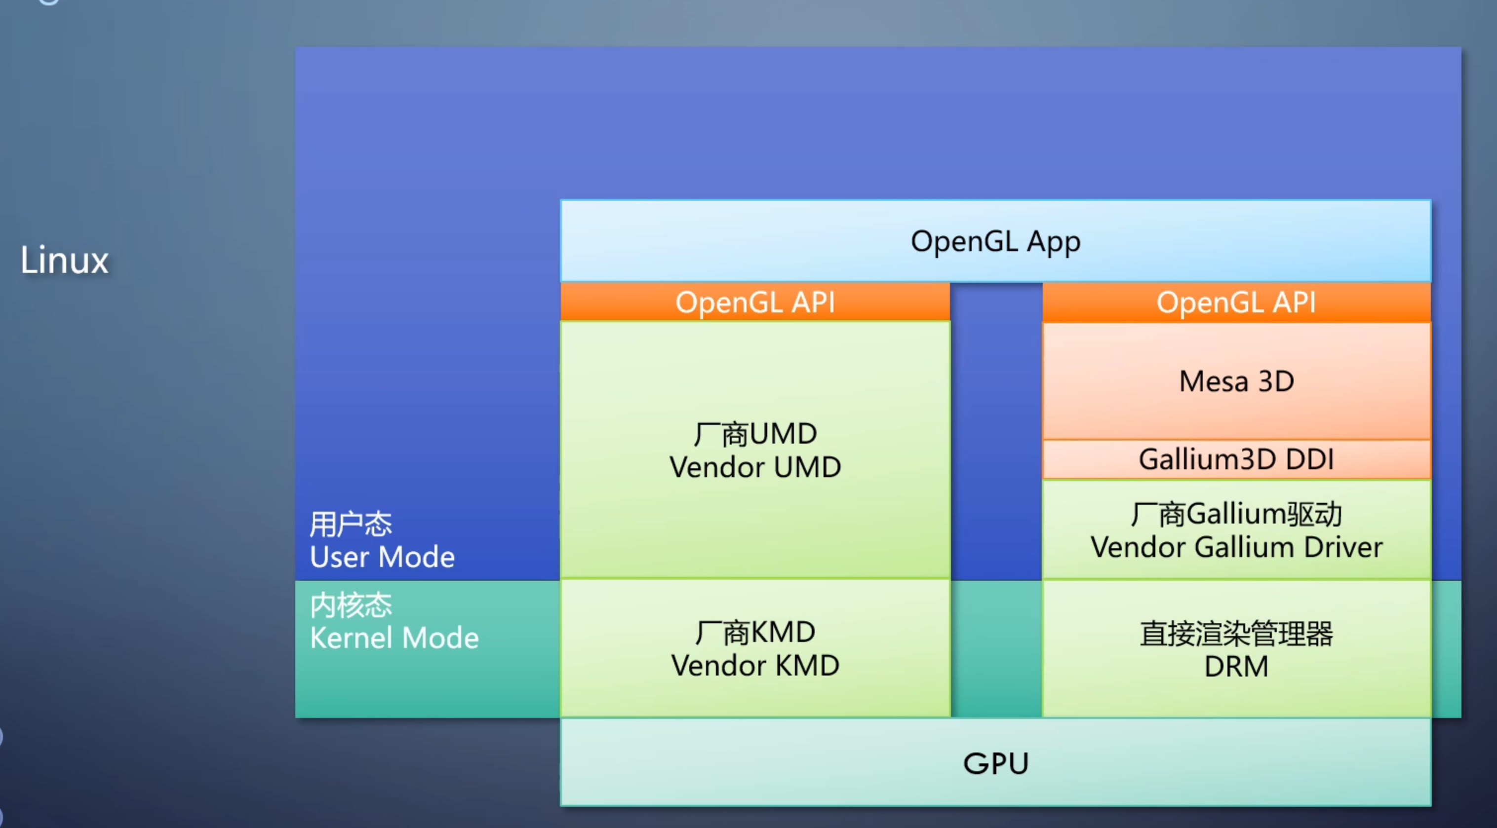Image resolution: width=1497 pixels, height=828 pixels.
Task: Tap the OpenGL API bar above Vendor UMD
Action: tap(755, 302)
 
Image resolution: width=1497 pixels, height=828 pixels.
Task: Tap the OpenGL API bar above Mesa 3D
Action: tap(1236, 302)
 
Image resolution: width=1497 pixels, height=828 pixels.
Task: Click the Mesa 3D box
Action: tap(1236, 381)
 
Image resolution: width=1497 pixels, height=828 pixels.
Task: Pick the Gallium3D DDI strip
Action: tap(1236, 459)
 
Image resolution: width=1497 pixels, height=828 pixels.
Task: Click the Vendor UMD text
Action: tap(755, 467)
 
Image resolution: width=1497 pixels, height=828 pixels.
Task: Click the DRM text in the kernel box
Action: tap(1236, 666)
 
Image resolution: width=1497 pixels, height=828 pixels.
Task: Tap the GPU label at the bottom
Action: tap(995, 763)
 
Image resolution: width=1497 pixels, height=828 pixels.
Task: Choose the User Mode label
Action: tap(382, 557)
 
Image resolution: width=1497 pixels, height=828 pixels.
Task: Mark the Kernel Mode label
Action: tap(394, 638)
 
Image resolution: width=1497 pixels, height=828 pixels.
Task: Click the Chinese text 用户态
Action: tap(351, 524)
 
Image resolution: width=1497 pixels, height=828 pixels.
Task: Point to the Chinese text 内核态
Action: tap(351, 605)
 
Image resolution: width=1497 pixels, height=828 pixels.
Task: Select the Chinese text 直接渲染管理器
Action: tap(1236, 634)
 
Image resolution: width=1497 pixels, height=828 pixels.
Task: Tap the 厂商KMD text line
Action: tap(755, 632)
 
